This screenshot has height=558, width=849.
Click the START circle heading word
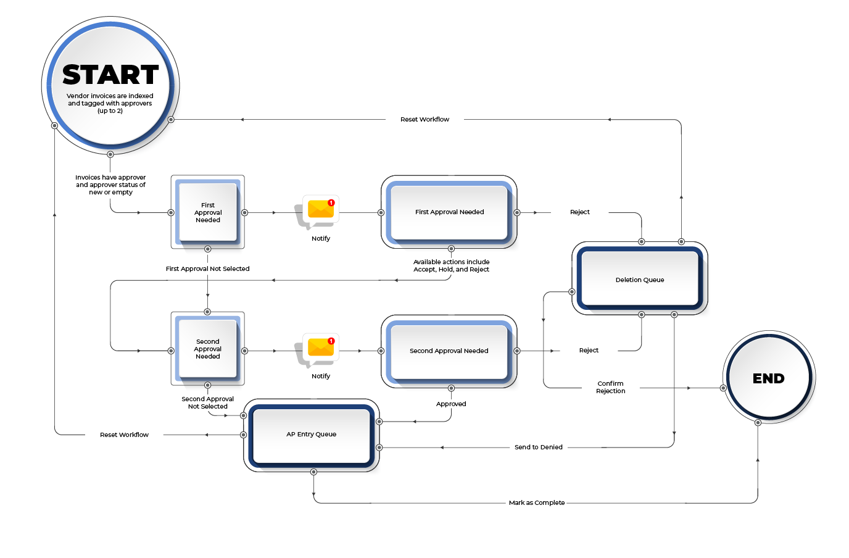(x=110, y=75)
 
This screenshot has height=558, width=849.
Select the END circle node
(x=769, y=378)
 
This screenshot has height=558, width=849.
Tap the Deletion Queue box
(x=640, y=280)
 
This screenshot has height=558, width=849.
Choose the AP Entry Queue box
(x=312, y=435)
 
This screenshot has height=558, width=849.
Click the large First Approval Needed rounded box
(x=449, y=212)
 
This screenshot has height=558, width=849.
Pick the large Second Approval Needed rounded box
(x=449, y=351)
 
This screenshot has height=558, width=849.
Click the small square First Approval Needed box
(x=208, y=212)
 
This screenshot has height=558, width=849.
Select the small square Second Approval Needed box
(x=208, y=349)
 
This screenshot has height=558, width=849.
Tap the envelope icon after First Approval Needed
(x=320, y=209)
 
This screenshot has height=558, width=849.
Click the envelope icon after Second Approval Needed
(x=320, y=347)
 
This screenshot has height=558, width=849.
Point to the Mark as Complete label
(x=537, y=503)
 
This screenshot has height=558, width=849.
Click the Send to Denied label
(x=539, y=448)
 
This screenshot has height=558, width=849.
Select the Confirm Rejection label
(x=611, y=387)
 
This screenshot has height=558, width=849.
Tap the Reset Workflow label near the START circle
(x=424, y=120)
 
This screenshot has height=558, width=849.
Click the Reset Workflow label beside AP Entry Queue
(x=124, y=435)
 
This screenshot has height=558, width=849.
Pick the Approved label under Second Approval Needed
(x=451, y=404)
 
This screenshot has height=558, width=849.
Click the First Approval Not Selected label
(x=207, y=269)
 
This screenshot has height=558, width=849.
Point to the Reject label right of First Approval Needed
(x=580, y=212)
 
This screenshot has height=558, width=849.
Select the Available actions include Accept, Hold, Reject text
(x=451, y=266)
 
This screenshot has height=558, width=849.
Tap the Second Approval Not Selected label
(x=207, y=402)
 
